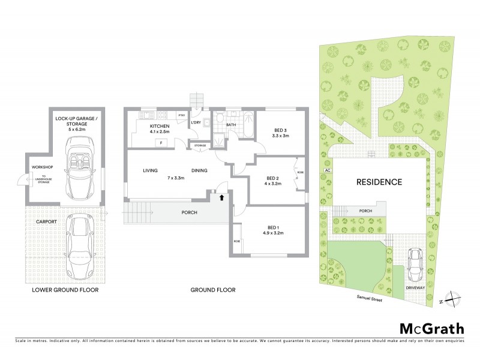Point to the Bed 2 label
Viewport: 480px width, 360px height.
click(x=274, y=178)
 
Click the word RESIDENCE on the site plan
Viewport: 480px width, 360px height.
click(x=379, y=182)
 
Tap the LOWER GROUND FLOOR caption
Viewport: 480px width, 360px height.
click(x=66, y=290)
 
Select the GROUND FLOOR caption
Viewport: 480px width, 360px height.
click(x=213, y=290)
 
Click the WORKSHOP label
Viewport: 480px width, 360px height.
click(x=38, y=167)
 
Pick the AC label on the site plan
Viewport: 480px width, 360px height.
click(x=327, y=170)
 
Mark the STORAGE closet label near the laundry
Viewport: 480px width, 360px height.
click(x=200, y=145)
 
